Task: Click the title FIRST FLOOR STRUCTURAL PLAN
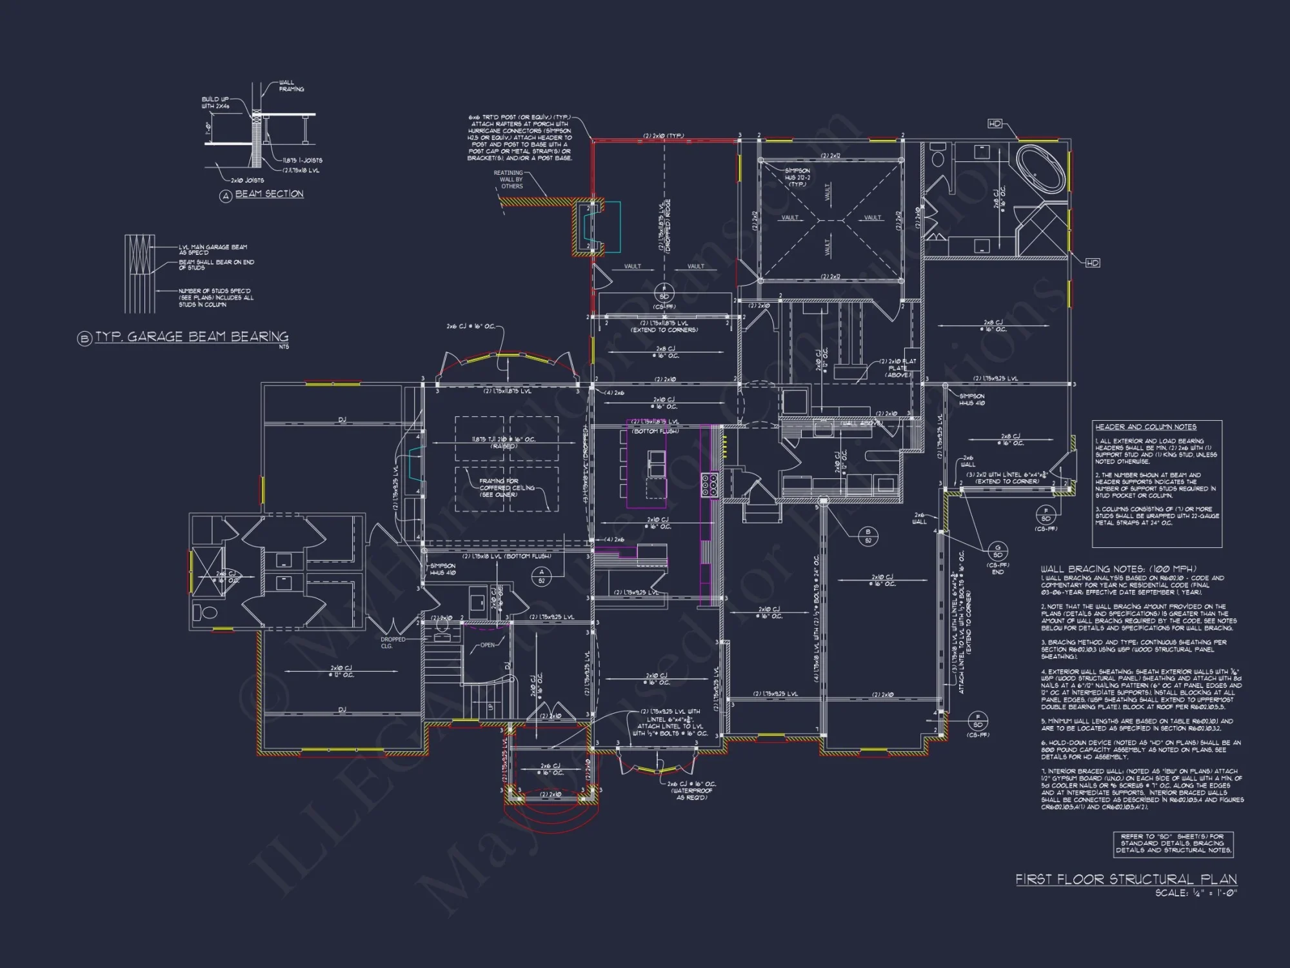(x=1126, y=879)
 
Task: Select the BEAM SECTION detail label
(x=269, y=194)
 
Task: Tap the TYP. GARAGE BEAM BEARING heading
(x=192, y=336)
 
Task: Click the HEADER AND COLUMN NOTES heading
(x=1146, y=427)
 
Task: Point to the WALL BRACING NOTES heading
(x=1118, y=569)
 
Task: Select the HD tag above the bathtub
(x=995, y=123)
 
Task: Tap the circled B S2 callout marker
(x=868, y=536)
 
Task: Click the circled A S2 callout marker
(x=542, y=576)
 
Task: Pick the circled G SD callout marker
(x=998, y=550)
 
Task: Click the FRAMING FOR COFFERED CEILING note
(x=507, y=487)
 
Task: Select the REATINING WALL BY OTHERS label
(x=510, y=179)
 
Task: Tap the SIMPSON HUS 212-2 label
(x=797, y=177)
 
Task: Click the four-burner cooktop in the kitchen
(x=709, y=484)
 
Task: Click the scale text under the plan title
(x=1196, y=893)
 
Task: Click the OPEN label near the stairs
(x=488, y=645)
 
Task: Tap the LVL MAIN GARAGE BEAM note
(x=213, y=249)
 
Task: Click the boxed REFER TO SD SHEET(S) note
(x=1173, y=843)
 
